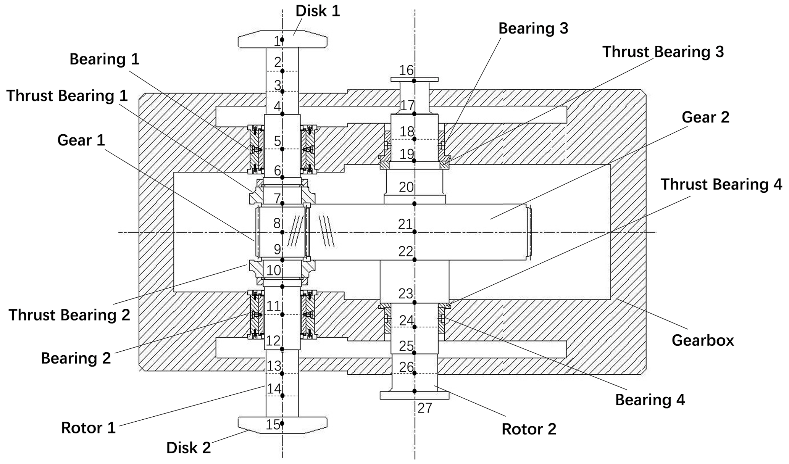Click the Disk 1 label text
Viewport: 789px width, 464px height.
tap(318, 11)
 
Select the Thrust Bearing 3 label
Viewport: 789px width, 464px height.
tap(663, 52)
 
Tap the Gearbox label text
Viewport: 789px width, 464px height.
tap(702, 340)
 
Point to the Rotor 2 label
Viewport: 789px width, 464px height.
tap(529, 429)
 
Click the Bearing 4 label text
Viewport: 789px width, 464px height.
tap(650, 400)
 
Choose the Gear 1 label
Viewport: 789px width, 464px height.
tap(81, 140)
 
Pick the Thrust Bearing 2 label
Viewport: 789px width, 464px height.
tap(69, 315)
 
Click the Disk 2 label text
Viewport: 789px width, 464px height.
tap(189, 448)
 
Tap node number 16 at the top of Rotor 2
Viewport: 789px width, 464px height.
tap(406, 70)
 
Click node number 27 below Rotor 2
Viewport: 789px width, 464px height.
tap(424, 408)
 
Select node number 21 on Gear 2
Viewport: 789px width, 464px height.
tap(405, 224)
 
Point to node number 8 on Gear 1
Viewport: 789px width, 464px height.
tap(277, 223)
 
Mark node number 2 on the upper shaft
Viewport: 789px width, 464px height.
tap(278, 62)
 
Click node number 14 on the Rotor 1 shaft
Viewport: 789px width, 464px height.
tap(274, 389)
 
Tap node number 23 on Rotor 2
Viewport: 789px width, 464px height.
tap(406, 293)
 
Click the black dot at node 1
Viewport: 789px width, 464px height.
tap(282, 40)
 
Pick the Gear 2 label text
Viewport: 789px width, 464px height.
tap(705, 118)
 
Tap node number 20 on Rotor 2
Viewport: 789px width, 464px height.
tap(406, 187)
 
